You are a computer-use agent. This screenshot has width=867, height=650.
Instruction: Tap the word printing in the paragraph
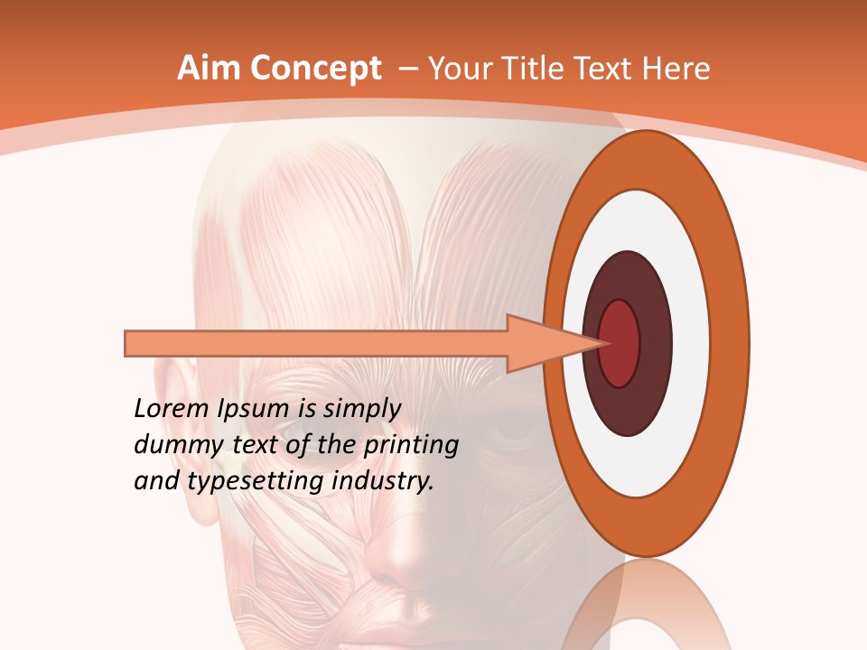click(410, 446)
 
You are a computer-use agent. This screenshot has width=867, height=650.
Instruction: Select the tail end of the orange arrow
click(128, 343)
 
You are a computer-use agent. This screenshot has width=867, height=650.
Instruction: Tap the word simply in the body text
click(361, 409)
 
